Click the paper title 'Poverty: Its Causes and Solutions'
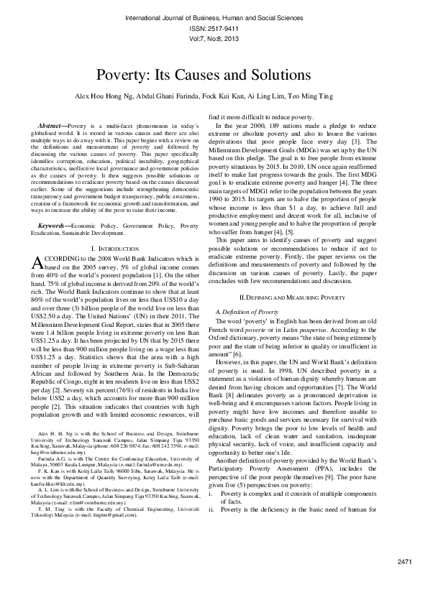pos(214,75)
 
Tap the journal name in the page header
pos(214,16)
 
